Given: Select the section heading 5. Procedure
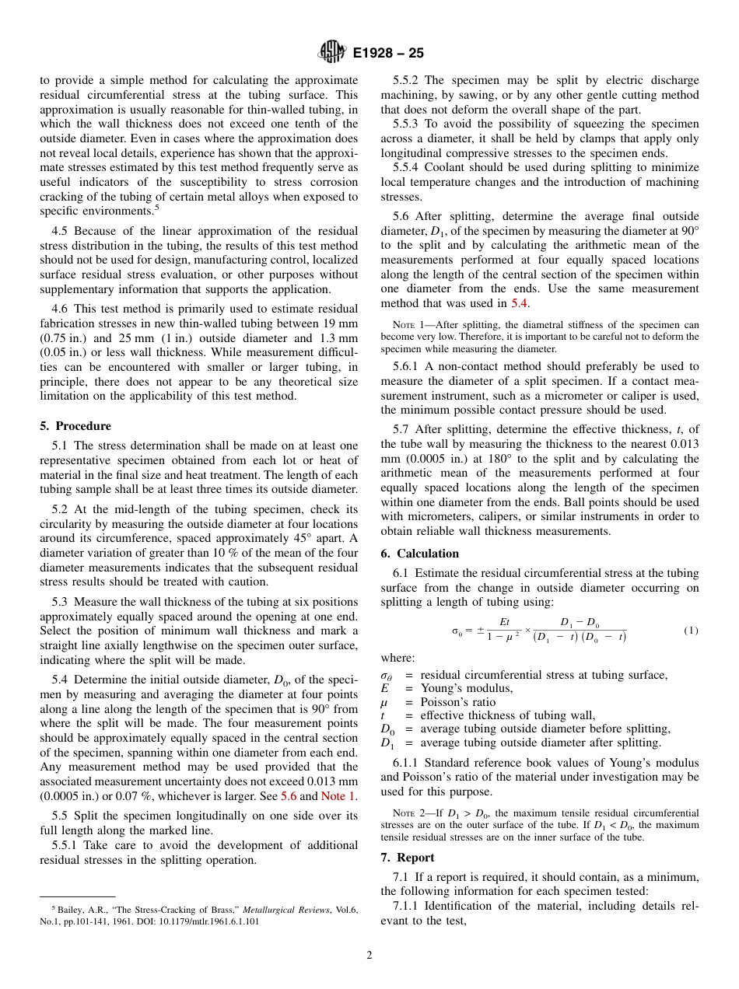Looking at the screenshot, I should [75, 426].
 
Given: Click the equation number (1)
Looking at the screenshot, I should [691, 631].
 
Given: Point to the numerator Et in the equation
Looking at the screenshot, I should [504, 622].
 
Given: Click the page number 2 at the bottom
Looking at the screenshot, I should [369, 956].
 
